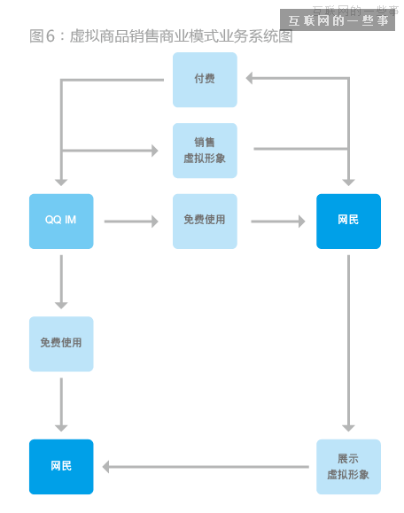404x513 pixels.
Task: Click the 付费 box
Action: click(x=205, y=79)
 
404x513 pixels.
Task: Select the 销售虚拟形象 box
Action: click(x=205, y=150)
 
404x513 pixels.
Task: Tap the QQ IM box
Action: click(x=61, y=221)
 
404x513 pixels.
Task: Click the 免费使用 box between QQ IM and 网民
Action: click(x=205, y=221)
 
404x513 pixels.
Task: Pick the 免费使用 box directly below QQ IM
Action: click(x=61, y=343)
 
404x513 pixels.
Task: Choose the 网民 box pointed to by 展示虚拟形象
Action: click(x=61, y=466)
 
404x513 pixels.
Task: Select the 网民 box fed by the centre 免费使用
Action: click(x=348, y=221)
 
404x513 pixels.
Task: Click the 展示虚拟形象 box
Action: click(x=348, y=466)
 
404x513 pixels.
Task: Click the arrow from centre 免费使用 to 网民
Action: click(x=278, y=221)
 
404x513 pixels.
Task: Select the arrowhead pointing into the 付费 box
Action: click(x=251, y=79)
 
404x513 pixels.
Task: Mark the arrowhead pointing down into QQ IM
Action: click(x=61, y=181)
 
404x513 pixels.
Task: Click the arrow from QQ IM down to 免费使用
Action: click(x=61, y=282)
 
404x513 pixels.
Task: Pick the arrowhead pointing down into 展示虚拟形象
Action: click(x=348, y=426)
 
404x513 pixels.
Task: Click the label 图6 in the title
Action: click(x=43, y=36)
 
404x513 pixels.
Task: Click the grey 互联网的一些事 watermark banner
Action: click(x=338, y=19)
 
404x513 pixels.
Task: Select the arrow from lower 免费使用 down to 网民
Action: click(x=61, y=404)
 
